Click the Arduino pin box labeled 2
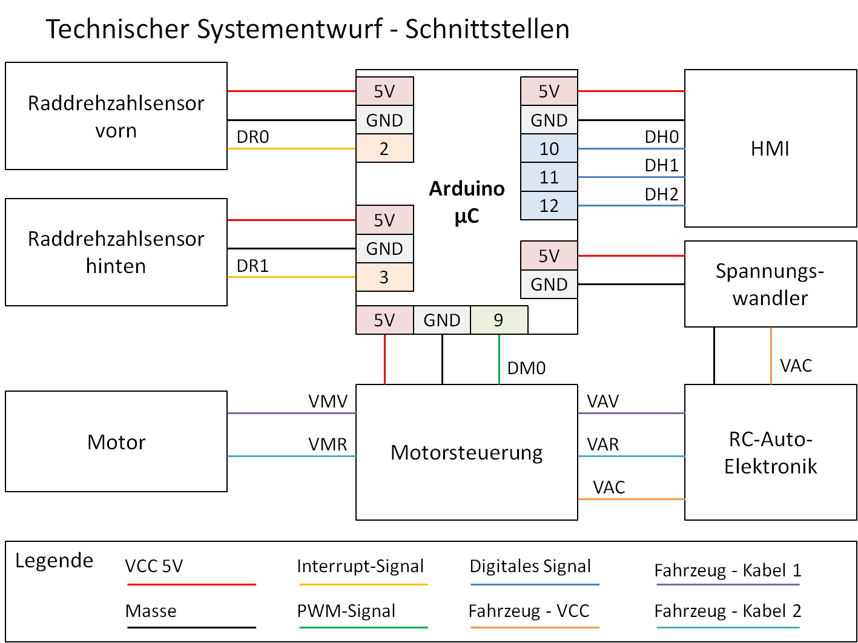tap(384, 148)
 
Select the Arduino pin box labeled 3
tap(384, 277)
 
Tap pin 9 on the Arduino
tap(499, 320)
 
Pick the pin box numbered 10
tap(549, 149)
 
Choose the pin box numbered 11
tap(549, 177)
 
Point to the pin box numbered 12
tap(549, 206)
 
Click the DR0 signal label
tap(252, 137)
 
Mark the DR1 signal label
tap(252, 266)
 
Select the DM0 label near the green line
tap(526, 368)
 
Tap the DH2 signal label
tap(661, 194)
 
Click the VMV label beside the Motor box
tap(328, 401)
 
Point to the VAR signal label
tap(602, 444)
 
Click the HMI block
tap(770, 148)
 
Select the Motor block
tap(116, 441)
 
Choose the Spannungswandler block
tap(770, 284)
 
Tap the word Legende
tap(54, 561)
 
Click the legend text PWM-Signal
tap(346, 611)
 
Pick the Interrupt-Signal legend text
tap(360, 566)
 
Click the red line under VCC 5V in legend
tap(191, 584)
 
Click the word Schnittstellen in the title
tap(487, 29)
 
